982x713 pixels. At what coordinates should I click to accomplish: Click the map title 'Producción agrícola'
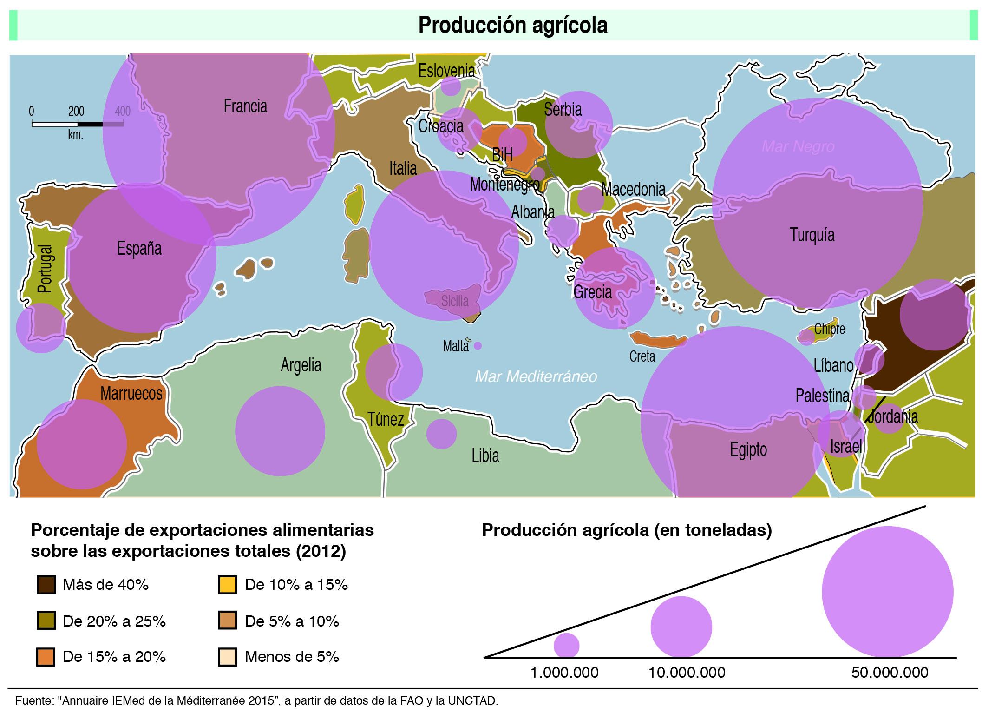coord(512,25)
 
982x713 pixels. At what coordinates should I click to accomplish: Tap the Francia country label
coord(245,106)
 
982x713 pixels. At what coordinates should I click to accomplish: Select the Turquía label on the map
coord(812,235)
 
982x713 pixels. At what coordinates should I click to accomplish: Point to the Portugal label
coord(45,269)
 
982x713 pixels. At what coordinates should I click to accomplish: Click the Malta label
coord(455,346)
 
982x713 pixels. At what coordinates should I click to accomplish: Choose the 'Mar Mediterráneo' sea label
coord(536,376)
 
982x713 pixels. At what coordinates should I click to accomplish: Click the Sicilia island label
coord(454,301)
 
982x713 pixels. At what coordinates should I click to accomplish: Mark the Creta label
coord(642,356)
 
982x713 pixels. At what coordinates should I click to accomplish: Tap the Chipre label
coord(829,329)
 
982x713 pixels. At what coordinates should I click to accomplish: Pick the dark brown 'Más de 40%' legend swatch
coord(46,585)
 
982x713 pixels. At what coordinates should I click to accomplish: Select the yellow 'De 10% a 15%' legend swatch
coord(228,585)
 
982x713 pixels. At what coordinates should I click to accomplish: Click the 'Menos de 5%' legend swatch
coord(228,657)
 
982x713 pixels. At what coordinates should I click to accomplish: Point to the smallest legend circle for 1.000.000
coord(566,645)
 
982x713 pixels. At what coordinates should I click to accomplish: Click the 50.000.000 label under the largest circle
coord(889,673)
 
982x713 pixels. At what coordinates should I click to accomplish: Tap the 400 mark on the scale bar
coord(123,112)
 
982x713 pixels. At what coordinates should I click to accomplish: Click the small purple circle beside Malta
coord(478,346)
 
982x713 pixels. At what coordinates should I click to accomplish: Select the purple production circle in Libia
coord(441,434)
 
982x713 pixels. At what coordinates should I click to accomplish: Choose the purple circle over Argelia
coord(280,431)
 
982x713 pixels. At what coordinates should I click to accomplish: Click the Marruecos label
coord(131,393)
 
